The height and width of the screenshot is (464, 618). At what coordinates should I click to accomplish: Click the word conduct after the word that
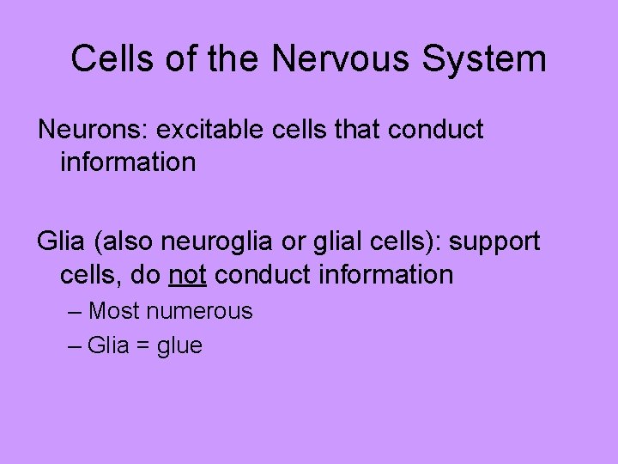click(x=436, y=130)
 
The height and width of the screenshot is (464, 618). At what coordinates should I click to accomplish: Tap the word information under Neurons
click(x=128, y=162)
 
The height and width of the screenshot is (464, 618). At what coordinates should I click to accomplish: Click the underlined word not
click(x=188, y=275)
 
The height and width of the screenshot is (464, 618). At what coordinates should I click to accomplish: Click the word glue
click(x=179, y=346)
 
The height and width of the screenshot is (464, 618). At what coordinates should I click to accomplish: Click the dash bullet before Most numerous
click(x=75, y=311)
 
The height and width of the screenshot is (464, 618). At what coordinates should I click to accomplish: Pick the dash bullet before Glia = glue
click(x=75, y=346)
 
